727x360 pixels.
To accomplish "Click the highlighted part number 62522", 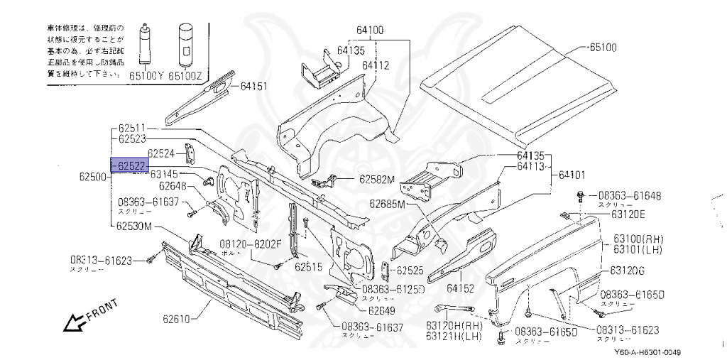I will (131, 165).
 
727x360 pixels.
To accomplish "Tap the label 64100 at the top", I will (370, 30).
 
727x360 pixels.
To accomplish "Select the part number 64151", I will (253, 87).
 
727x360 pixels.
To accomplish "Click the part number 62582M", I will (376, 180).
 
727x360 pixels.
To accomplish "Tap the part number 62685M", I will (386, 204).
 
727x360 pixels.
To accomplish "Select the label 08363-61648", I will (629, 195).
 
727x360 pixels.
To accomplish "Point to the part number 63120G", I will (627, 271).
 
